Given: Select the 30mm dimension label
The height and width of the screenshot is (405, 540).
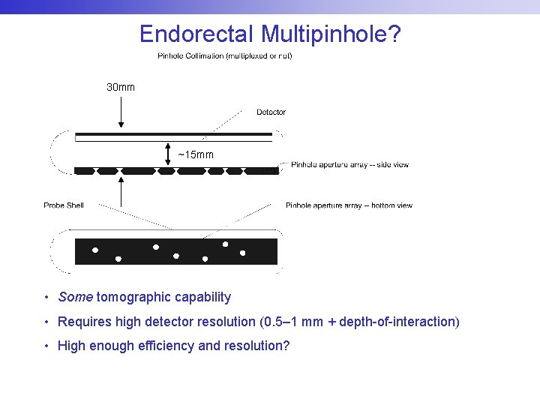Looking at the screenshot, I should tap(121, 88).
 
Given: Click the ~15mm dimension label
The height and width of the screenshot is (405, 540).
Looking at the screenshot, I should tap(196, 155).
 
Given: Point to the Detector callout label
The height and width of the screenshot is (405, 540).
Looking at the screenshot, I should tap(271, 112).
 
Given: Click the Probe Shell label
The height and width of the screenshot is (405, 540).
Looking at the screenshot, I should tap(64, 205).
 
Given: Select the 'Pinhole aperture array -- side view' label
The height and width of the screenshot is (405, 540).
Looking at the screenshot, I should tap(349, 165).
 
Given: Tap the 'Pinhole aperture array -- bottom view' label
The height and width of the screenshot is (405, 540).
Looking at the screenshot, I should tap(349, 205).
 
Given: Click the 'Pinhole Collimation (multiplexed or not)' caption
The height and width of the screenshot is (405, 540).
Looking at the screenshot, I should tap(224, 56).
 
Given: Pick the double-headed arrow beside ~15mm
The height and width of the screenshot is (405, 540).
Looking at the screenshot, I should tap(169, 155).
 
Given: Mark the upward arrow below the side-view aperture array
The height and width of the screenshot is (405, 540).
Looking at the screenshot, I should tap(121, 191).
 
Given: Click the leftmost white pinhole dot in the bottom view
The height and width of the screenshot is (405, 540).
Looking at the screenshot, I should tap(95, 250).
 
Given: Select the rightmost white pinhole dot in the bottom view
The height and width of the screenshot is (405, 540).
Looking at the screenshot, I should tap(242, 253).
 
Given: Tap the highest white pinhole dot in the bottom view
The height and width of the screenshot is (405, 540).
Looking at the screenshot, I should tap(225, 244).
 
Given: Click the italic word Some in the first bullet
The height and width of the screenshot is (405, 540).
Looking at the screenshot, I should tap(75, 297).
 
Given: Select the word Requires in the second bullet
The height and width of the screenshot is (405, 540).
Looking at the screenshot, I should tap(82, 322).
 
